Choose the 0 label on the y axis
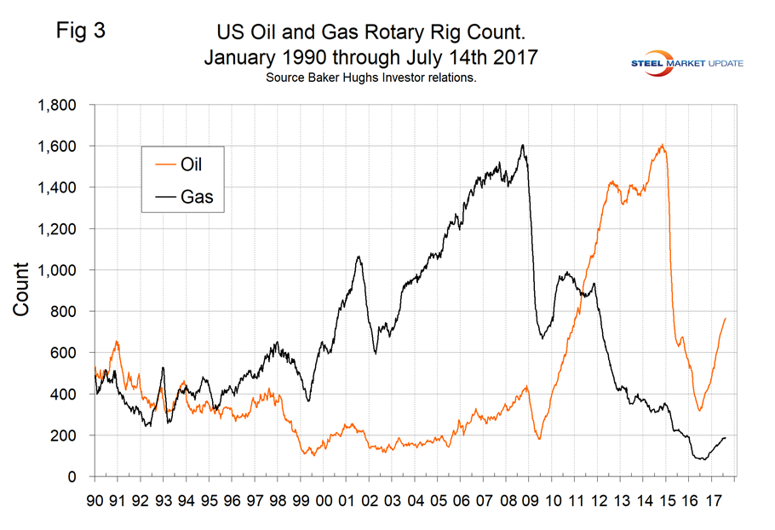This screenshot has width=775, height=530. [74, 476]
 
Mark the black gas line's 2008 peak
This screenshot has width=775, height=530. [522, 145]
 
